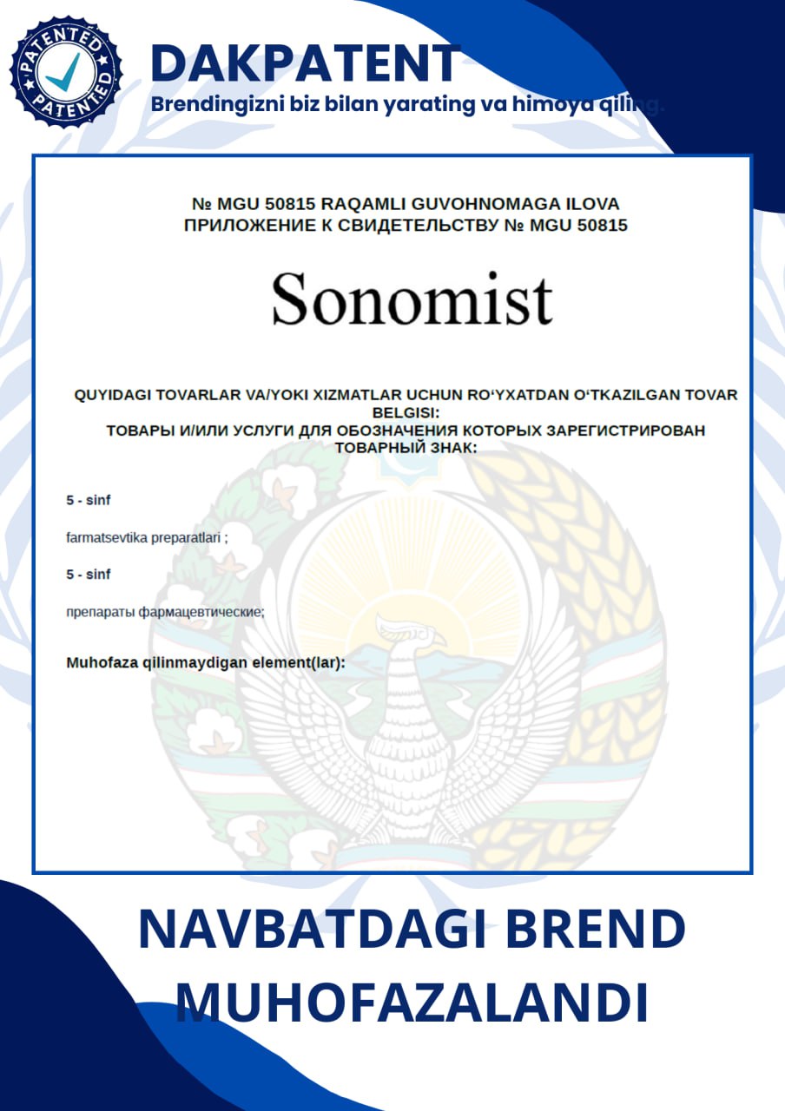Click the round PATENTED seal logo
point(66,70)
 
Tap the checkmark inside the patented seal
point(63,72)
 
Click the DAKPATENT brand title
point(305,62)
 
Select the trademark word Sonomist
point(412,298)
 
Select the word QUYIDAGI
point(112,395)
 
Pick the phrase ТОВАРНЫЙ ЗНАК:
point(406,447)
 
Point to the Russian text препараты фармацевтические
point(165,612)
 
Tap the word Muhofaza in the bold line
point(101,663)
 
